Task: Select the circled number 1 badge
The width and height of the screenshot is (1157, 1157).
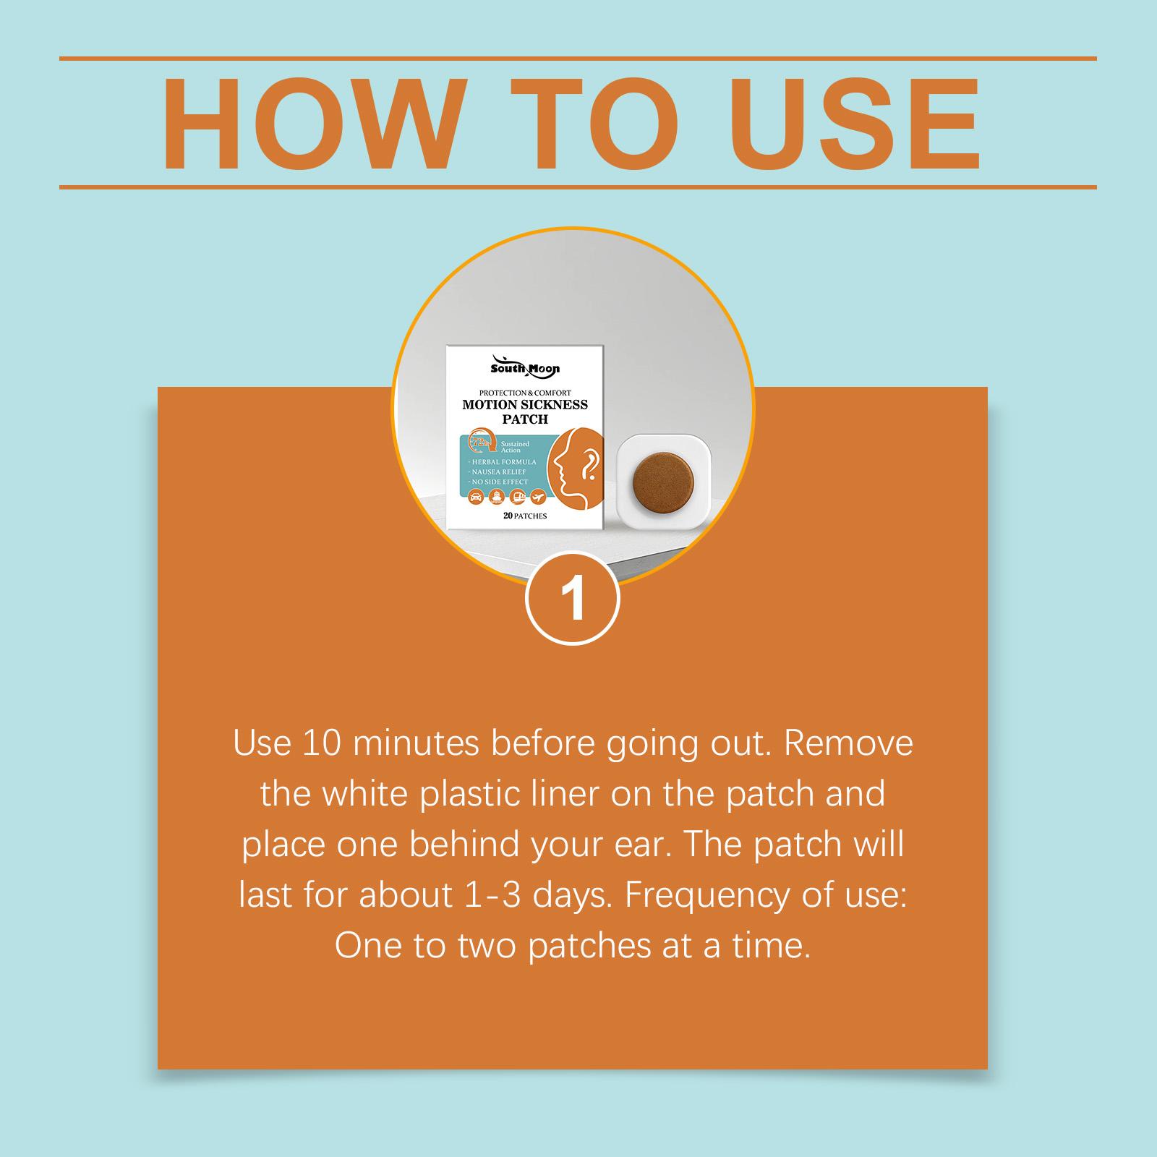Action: (573, 598)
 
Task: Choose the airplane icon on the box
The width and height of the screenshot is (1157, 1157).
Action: (538, 497)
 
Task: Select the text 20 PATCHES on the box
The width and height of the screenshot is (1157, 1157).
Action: (525, 516)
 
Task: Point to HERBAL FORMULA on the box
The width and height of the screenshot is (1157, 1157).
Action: (503, 461)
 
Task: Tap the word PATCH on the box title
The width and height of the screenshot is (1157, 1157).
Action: (525, 419)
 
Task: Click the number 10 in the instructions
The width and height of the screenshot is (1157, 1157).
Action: (318, 743)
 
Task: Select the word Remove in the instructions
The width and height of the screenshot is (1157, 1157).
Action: (848, 743)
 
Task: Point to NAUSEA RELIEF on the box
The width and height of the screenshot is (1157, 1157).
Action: (499, 471)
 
